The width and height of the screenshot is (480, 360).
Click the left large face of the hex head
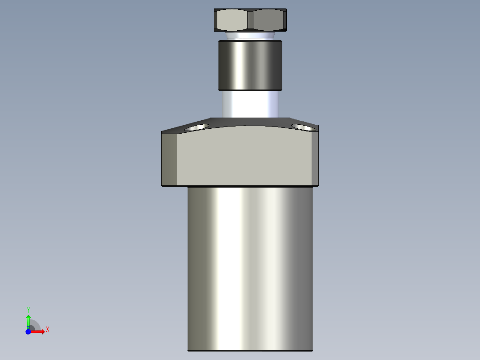(x=232, y=20)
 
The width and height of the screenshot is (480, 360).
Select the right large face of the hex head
(x=268, y=20)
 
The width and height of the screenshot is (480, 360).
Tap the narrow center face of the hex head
(x=250, y=20)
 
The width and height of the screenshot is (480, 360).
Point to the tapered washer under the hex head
(x=250, y=36)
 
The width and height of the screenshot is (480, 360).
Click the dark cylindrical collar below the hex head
(x=250, y=65)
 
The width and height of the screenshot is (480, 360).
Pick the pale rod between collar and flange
(x=250, y=104)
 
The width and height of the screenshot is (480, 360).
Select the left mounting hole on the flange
(x=196, y=127)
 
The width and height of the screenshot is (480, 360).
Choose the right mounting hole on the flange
(x=304, y=127)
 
